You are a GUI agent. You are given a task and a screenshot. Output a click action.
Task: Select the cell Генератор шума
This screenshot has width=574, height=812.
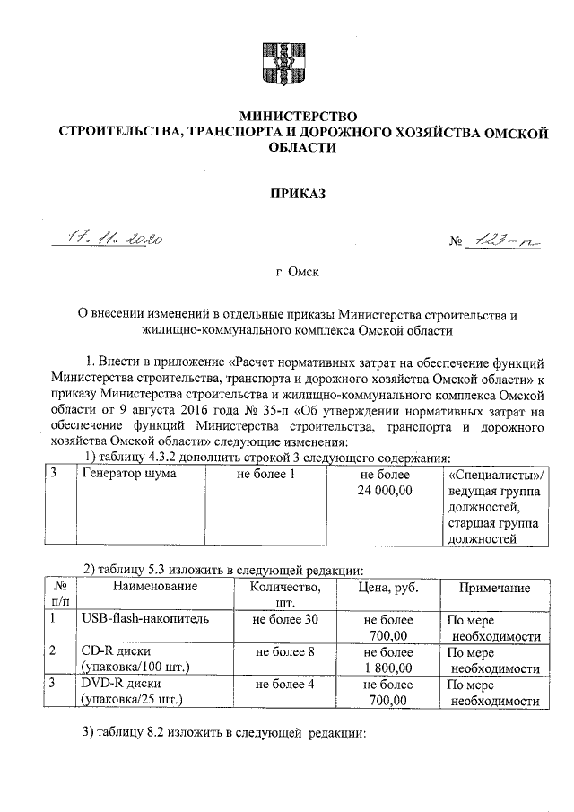point(129,473)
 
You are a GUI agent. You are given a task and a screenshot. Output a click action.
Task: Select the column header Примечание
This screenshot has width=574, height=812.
point(494,587)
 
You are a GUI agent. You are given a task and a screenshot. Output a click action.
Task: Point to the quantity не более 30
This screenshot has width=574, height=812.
point(286,619)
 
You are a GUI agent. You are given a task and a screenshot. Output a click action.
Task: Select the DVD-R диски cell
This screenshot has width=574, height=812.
point(121,685)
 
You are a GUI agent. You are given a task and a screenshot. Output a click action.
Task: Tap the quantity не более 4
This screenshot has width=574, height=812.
point(286,685)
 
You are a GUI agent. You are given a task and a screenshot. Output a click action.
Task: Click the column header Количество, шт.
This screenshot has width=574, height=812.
point(286,595)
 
